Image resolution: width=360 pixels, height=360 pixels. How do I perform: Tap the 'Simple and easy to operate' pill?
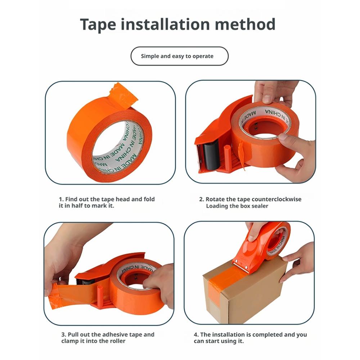pos(179,56)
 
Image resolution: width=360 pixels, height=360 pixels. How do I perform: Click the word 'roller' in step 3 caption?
pos(117,341)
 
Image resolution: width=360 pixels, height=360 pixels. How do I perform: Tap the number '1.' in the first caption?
pos(61,199)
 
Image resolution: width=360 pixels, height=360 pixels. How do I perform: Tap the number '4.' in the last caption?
pos(196,334)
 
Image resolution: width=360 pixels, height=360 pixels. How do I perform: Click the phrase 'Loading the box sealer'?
pos(237,206)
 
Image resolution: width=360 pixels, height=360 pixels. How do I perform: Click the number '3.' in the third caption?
pos(64,334)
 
